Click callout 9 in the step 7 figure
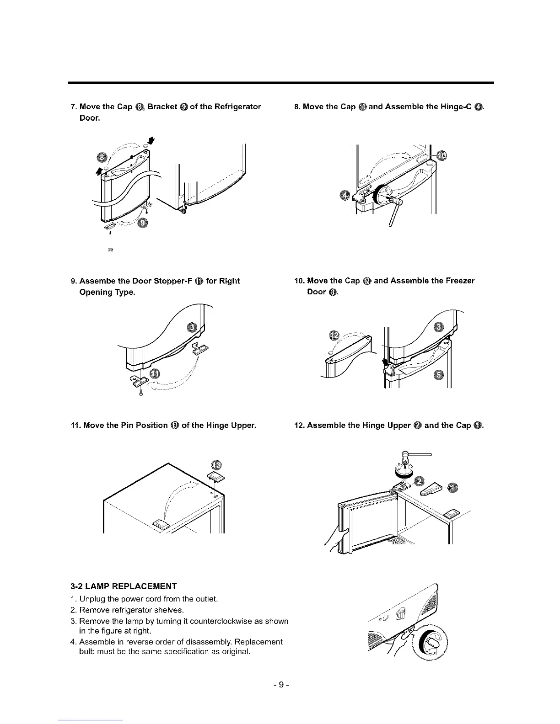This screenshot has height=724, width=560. point(143,224)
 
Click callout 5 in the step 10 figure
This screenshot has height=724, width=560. point(438,375)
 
